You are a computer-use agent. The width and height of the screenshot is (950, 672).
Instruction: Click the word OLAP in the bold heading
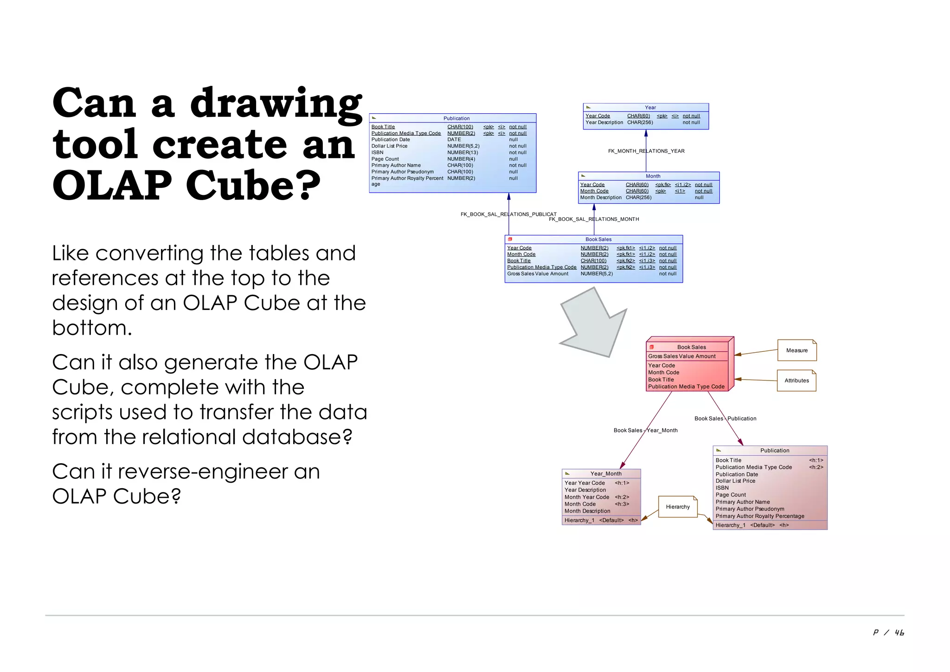(x=111, y=186)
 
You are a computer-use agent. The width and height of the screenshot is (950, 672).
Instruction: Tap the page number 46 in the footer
(x=899, y=633)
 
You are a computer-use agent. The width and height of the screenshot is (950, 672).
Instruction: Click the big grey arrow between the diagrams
(x=595, y=325)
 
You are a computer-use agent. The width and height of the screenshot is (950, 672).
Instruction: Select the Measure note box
(x=796, y=350)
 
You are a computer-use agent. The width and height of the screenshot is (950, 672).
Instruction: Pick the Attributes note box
(x=796, y=381)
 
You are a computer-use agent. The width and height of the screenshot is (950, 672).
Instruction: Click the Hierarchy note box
(x=678, y=507)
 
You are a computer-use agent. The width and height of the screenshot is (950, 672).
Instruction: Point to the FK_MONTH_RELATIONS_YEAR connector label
(x=646, y=151)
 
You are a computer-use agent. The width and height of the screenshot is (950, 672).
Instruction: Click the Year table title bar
(x=650, y=107)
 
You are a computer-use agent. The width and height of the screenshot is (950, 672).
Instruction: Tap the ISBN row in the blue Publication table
(x=378, y=152)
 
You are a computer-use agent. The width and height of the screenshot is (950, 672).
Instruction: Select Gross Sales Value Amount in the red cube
(x=681, y=356)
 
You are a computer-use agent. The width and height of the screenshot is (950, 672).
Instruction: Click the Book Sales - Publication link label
(x=725, y=419)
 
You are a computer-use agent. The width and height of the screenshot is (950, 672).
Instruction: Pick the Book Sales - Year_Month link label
(x=645, y=430)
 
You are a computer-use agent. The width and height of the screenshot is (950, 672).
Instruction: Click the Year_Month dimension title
(x=605, y=474)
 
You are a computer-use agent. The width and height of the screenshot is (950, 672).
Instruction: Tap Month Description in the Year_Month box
(x=587, y=511)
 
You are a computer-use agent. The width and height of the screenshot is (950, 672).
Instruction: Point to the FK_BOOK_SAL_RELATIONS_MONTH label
(x=594, y=219)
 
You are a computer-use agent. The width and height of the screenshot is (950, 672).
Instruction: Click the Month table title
(x=653, y=176)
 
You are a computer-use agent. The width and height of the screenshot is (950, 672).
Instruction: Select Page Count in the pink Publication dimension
(x=731, y=495)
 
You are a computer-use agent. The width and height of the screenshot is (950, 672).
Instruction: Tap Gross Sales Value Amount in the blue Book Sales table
(x=538, y=274)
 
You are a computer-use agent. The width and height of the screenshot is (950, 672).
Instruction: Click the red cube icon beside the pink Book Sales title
(x=651, y=347)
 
